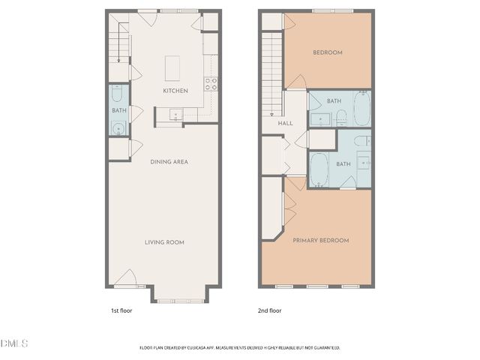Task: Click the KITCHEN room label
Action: pos(175,91)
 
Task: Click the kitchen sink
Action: pos(175,115)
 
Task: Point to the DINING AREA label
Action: pos(169,162)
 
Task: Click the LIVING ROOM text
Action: pos(164,242)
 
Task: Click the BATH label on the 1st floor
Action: pos(119,111)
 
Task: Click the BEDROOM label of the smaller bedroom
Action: pos(328,52)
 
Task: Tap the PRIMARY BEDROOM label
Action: pos(321,240)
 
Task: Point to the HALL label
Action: pos(285,123)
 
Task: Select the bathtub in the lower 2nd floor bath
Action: pos(319,171)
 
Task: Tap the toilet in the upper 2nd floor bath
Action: pos(340,115)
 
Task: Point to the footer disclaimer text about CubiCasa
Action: pos(240,347)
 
